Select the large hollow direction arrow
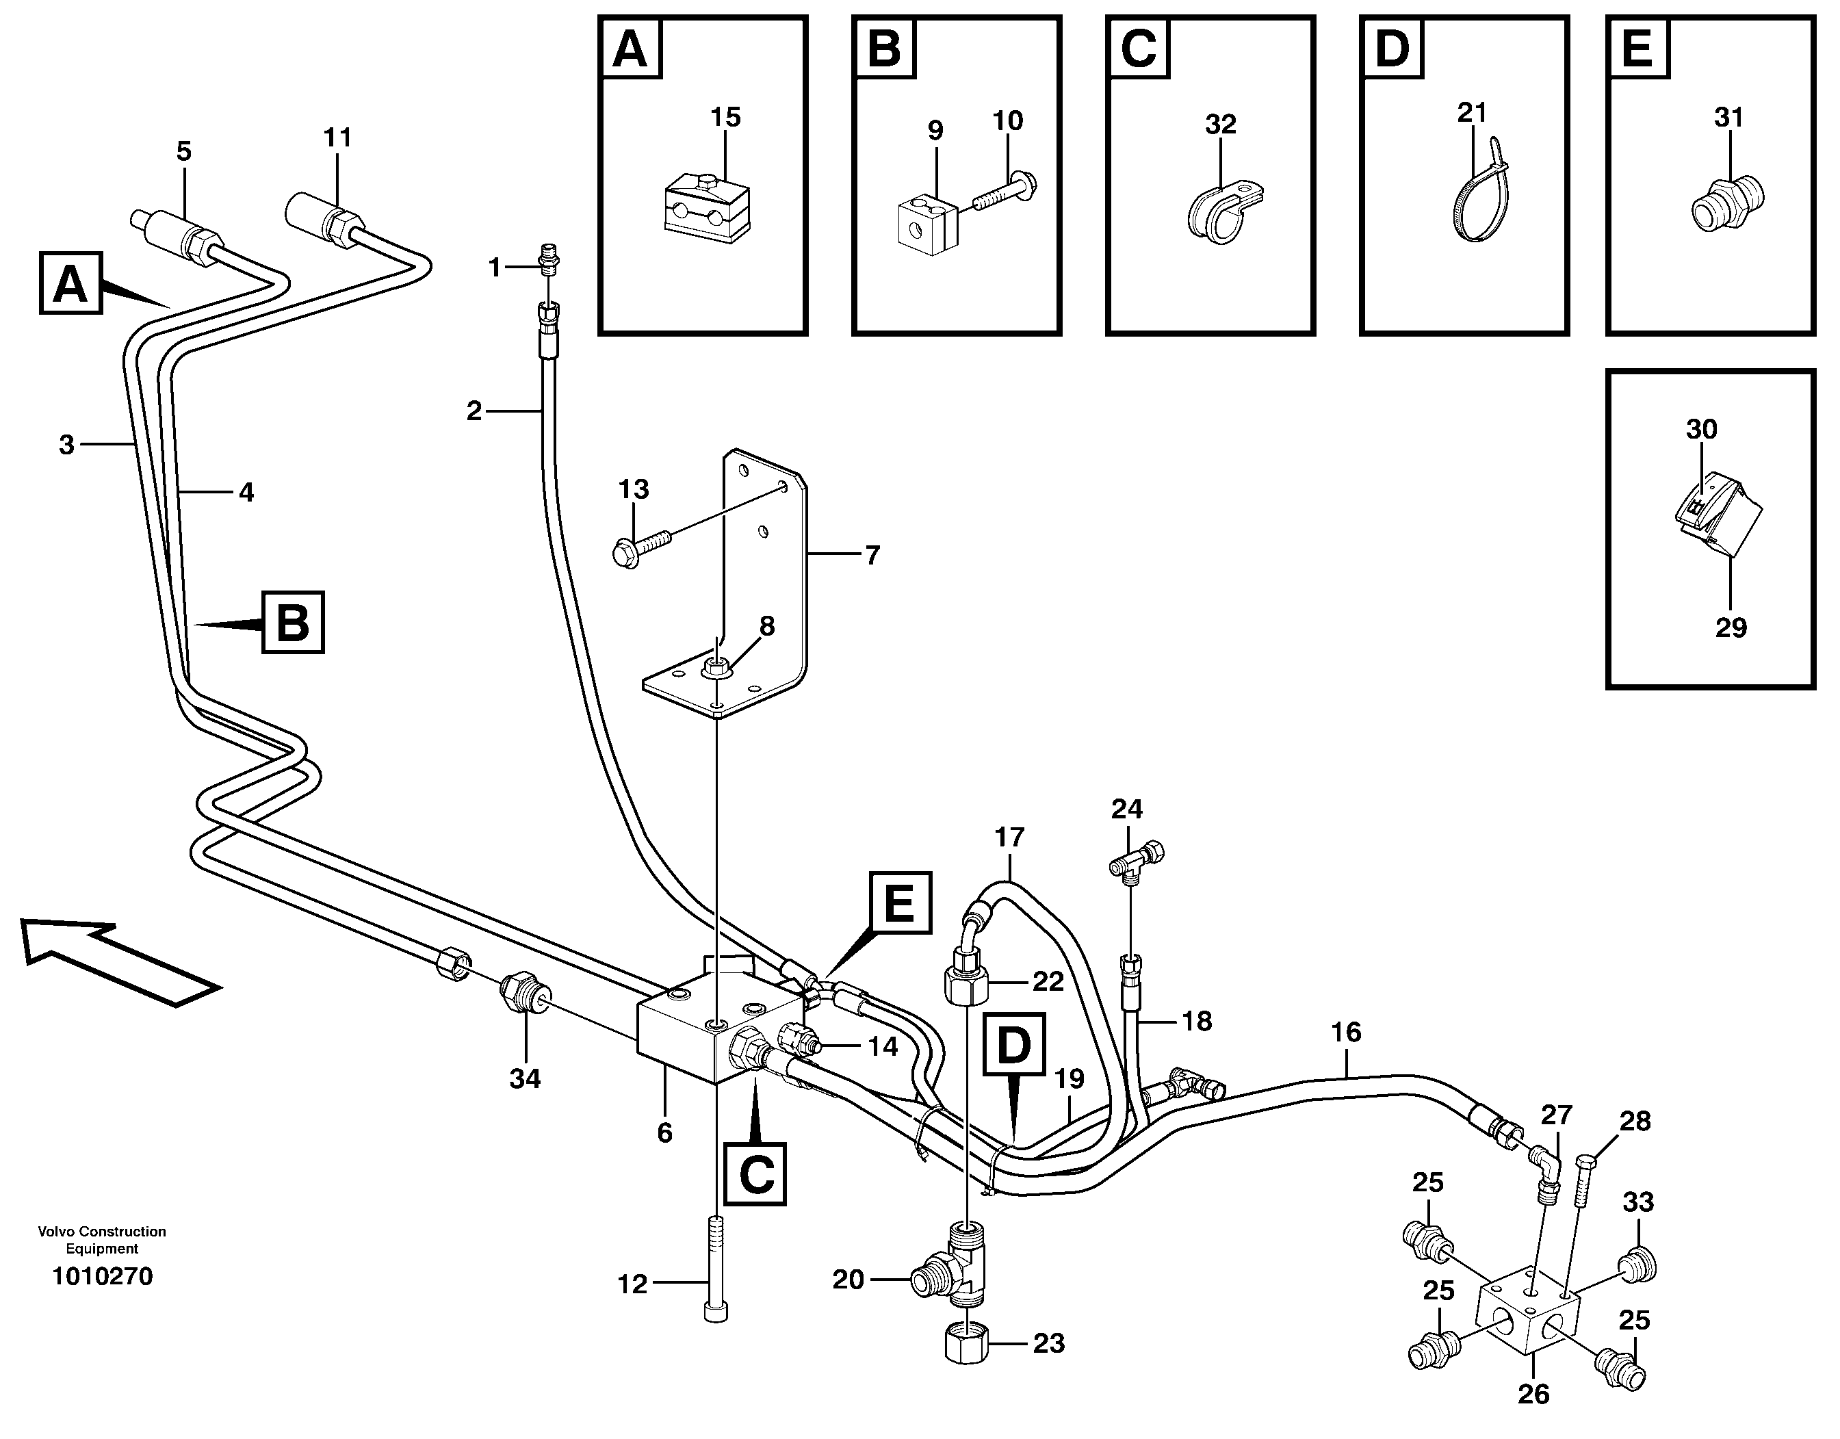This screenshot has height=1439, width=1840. tap(118, 961)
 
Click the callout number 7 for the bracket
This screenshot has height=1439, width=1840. tap(872, 555)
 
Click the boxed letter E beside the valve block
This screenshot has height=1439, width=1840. tap(900, 903)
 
